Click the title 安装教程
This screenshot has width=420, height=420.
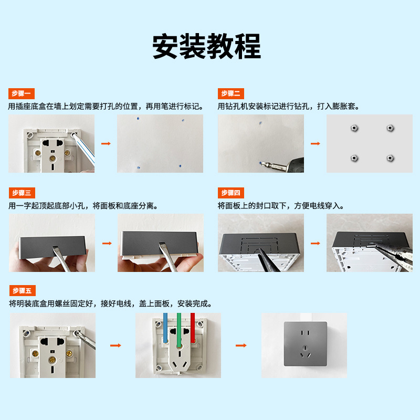206,47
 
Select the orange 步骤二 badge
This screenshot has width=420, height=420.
231,93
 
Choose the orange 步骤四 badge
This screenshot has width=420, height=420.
231,193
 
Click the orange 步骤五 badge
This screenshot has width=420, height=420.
22,290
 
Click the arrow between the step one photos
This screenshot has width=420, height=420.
106,143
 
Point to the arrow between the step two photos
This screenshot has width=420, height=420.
315,143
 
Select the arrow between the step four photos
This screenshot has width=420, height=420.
315,243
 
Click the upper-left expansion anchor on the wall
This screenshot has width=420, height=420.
353,128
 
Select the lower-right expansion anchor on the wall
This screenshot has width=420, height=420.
390,157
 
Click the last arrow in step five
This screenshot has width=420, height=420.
241,345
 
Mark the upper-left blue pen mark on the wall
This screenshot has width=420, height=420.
136,119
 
